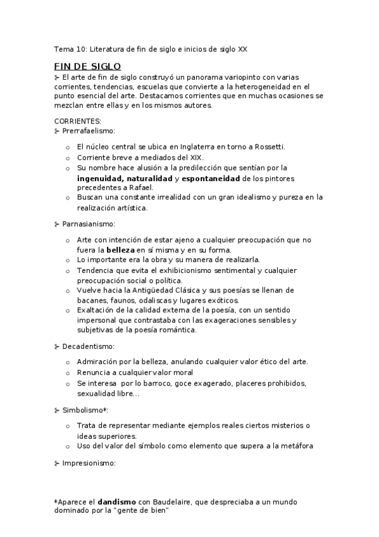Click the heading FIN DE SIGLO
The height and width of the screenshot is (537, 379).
point(87,66)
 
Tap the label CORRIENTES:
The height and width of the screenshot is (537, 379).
point(77,121)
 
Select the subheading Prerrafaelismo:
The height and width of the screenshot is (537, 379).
point(89,131)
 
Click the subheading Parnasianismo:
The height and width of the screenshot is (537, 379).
point(89,224)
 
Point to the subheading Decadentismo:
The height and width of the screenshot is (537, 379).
point(88,346)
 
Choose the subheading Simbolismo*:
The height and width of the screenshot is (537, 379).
point(85,410)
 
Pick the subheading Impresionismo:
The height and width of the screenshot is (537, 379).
point(89,464)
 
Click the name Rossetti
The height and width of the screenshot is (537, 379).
point(269,147)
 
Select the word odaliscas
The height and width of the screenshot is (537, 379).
point(172,300)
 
